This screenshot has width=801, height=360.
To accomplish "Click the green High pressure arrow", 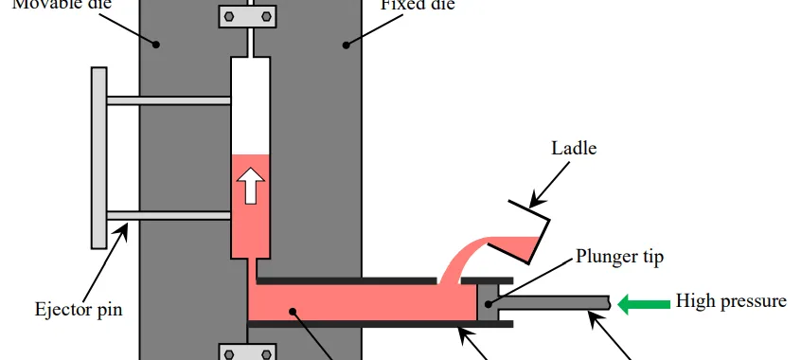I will point(642,303).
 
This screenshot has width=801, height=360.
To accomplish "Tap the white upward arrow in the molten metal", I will point(251,187).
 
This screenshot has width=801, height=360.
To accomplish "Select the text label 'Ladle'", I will point(575,149).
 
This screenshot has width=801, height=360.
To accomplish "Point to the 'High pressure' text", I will point(730,302).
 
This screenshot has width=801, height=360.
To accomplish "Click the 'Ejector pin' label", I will point(79,309).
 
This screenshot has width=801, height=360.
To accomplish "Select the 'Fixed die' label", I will point(418,5).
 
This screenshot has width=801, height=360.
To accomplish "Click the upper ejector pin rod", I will point(169,99).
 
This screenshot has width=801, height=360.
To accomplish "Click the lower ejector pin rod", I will point(169,215).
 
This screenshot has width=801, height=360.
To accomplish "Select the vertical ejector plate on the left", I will point(99,156).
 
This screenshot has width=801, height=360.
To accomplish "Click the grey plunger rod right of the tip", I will point(554,303).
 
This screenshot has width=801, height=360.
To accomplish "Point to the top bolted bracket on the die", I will point(250,16).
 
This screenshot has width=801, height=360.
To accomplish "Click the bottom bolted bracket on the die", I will point(250,352).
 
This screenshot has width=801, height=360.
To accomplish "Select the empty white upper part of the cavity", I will point(251,104).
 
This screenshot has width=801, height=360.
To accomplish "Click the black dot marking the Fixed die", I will point(347,44).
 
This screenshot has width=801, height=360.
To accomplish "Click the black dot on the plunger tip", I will point(489,304).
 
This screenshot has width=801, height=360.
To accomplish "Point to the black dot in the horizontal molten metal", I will point(294,310).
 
